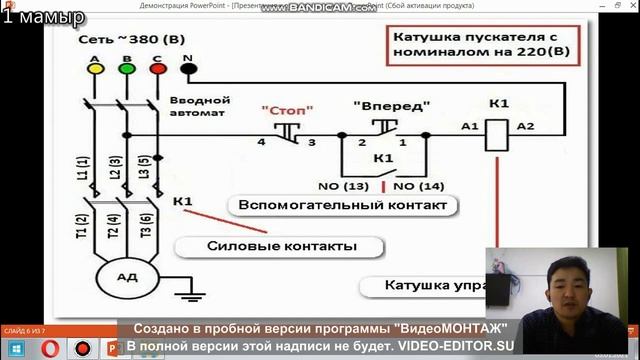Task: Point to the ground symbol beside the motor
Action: coord(185,293)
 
